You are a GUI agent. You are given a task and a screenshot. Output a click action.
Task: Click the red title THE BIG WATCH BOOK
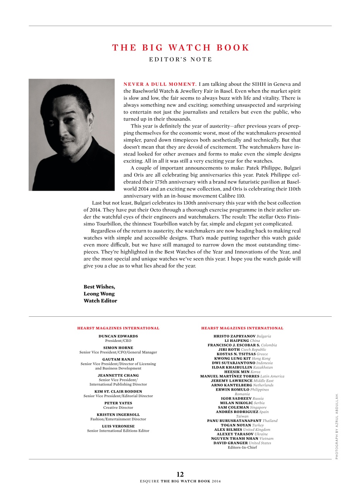click(181, 48)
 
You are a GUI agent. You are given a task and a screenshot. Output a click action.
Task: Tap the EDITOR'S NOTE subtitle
click(181, 60)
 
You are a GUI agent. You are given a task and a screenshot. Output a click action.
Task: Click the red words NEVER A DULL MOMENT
click(160, 84)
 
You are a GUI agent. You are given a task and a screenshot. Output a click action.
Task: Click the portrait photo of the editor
click(72, 135)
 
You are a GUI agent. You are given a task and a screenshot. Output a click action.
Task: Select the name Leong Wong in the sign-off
click(99, 294)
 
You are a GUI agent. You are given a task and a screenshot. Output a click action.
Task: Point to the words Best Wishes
click(99, 287)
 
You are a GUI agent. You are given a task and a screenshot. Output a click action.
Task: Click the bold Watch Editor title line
click(100, 301)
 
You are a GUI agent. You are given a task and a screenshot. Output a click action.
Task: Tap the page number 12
click(180, 475)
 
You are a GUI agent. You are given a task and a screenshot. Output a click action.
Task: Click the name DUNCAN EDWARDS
click(118, 336)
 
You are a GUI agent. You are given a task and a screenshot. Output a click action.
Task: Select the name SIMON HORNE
click(118, 348)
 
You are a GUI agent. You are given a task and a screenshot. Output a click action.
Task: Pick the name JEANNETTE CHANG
click(118, 376)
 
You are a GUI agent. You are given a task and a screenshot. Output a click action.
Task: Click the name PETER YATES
click(118, 403)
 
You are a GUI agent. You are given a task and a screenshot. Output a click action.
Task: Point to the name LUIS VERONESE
click(118, 426)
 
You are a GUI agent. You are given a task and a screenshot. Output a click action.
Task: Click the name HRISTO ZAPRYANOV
click(234, 336)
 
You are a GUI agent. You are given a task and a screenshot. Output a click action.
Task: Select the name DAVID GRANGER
click(230, 443)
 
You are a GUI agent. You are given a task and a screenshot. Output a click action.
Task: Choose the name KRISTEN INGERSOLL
click(118, 415)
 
